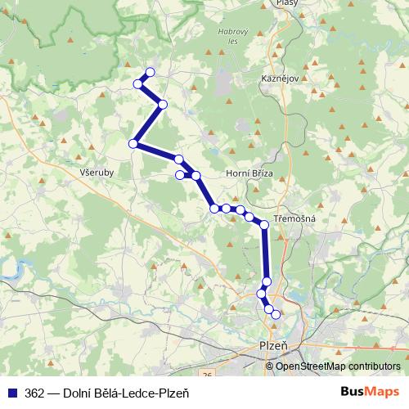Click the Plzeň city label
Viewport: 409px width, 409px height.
(273, 346)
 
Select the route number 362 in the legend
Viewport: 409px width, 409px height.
(34, 391)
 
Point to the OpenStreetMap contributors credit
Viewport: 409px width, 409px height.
(338, 366)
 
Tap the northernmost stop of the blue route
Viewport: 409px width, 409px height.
(150, 72)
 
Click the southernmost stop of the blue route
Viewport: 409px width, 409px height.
(276, 314)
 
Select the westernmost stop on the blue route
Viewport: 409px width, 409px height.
(133, 144)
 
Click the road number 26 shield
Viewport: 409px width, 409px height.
(208, 374)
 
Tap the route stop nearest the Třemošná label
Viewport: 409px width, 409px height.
(264, 224)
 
